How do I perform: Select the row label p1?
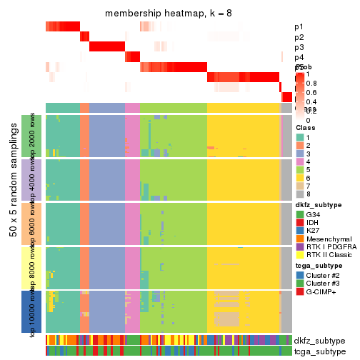point(299,27)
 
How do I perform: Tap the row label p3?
point(299,47)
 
